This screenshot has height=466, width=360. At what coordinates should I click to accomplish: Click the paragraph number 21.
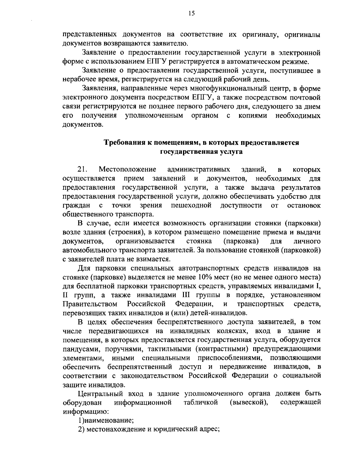tap(83, 169)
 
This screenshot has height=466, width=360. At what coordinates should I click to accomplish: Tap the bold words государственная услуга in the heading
tap(201, 152)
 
